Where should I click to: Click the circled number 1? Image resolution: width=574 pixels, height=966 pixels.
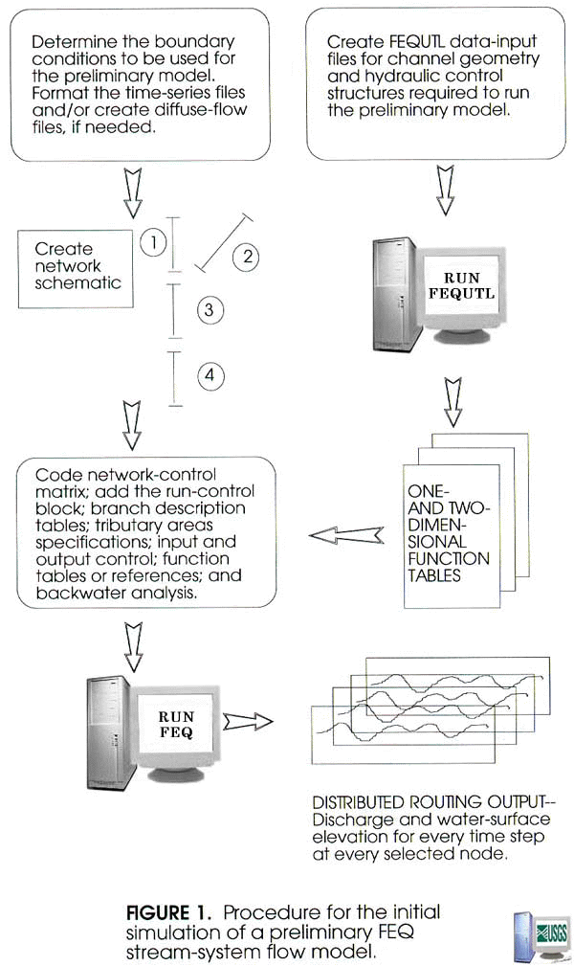coord(153,242)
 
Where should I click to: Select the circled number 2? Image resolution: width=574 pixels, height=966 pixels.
coord(247,256)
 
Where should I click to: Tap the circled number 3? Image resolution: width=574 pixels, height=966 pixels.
coord(211,308)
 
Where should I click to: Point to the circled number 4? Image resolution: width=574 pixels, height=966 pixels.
coord(211,375)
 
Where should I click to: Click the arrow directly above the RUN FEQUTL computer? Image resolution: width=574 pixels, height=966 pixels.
coord(442,185)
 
